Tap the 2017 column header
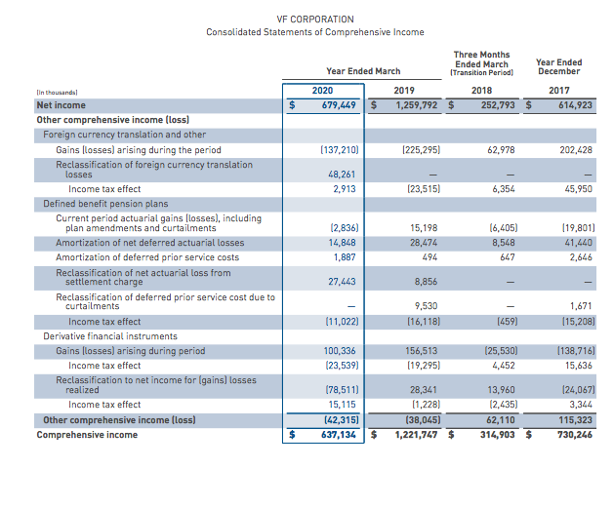[558, 90]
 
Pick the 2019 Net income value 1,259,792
[418, 104]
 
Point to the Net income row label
[61, 104]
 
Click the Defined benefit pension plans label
[94, 204]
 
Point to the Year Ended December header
[558, 66]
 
